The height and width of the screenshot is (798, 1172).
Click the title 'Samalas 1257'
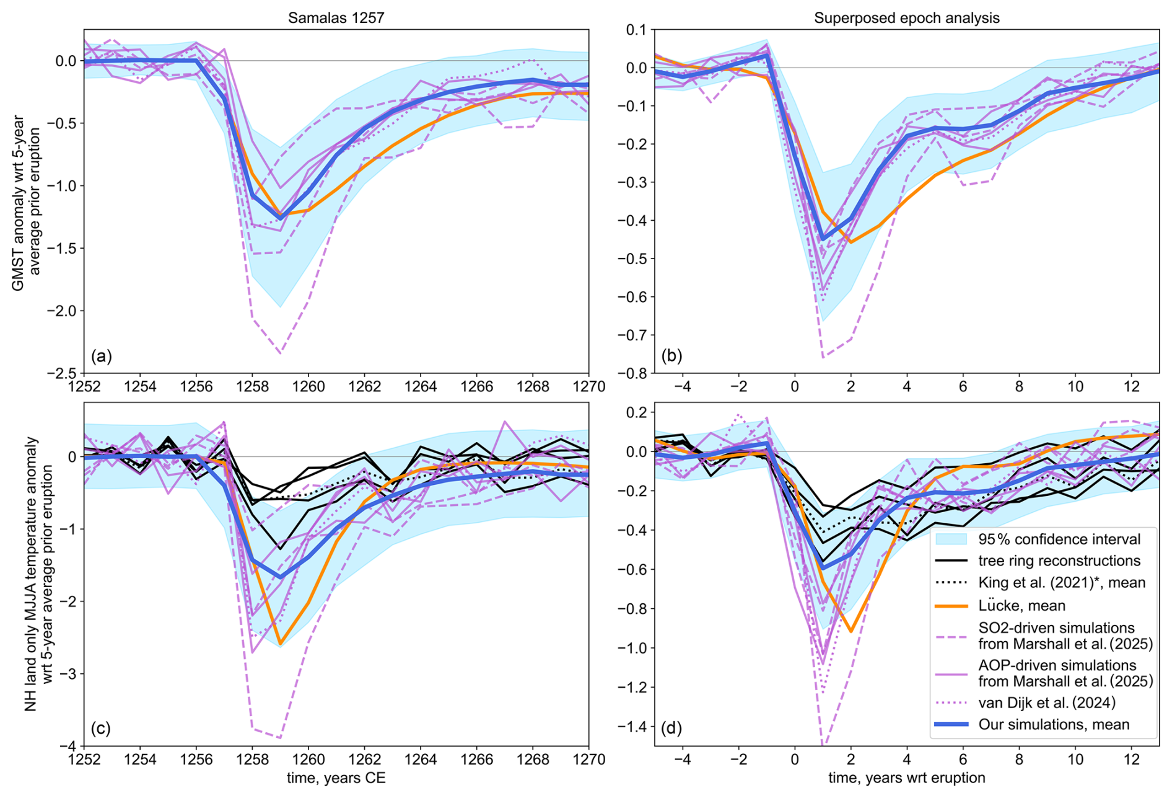tap(336, 18)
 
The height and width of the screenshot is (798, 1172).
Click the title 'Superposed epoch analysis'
tap(906, 18)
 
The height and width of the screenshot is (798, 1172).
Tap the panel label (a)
tap(102, 356)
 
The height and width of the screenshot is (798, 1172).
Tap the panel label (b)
tap(672, 356)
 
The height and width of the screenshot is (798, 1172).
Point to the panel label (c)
tap(102, 728)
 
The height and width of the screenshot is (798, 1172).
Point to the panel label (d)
tap(672, 728)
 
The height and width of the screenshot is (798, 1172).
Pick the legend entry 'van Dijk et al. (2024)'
tap(1047, 703)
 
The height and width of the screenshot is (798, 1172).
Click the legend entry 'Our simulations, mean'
tap(1054, 724)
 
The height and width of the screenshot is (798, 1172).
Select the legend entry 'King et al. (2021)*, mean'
tap(1062, 583)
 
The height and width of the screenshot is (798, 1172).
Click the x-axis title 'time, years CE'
tap(336, 778)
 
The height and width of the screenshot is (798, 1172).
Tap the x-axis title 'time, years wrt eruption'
tap(906, 778)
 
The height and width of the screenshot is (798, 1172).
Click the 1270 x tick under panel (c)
tap(588, 760)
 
